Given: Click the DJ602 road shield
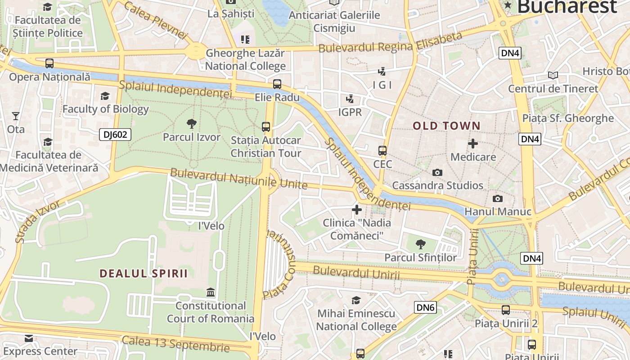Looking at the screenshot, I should click(115, 134).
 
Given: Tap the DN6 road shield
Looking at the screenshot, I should click(425, 307).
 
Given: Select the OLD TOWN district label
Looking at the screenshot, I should click(447, 126).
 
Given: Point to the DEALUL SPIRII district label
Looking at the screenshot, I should click(144, 274).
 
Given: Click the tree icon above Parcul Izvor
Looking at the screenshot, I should click(191, 124).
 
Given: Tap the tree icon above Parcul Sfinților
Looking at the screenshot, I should click(420, 244).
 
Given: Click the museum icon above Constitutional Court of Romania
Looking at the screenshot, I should click(210, 292).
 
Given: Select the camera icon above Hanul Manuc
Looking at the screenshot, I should click(497, 198).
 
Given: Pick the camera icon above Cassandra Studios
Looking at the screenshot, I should click(436, 172).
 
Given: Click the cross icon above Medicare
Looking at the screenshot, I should click(473, 144).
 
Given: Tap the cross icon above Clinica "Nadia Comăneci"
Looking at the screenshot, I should click(357, 209).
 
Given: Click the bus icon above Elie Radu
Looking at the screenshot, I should click(277, 84).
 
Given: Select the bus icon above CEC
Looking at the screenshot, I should click(382, 151).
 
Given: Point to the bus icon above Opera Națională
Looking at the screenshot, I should click(49, 63).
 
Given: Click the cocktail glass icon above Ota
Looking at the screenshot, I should click(16, 116).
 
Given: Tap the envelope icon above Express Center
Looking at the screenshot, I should click(29, 338).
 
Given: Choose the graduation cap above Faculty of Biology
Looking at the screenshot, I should click(105, 96).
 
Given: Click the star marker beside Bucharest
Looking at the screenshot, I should click(508, 5).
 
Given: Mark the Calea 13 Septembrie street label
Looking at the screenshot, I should click(175, 343).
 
